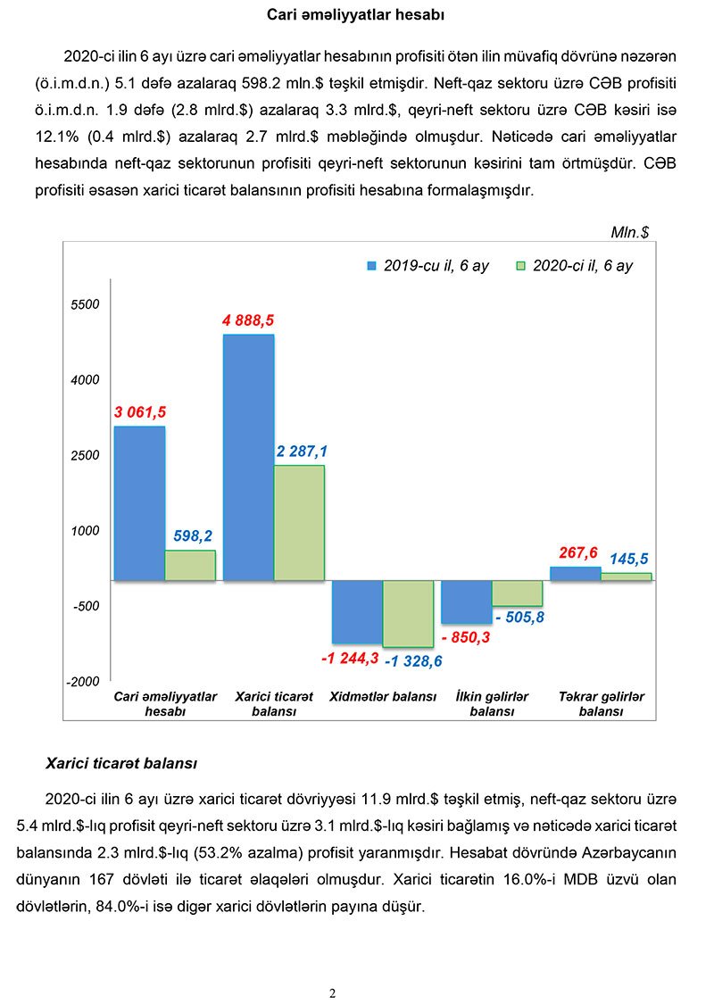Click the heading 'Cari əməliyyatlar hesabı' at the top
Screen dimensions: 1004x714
356,15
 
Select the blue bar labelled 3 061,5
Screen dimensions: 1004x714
139,503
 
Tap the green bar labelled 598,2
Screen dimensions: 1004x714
190,566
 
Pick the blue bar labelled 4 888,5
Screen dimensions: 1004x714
248,457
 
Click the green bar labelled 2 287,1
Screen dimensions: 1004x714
299,523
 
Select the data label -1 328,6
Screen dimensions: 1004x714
413,661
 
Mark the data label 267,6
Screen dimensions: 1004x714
578,552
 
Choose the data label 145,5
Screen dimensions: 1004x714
628,560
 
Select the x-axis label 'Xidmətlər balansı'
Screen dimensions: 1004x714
383,696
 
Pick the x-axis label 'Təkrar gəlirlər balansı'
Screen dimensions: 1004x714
600,704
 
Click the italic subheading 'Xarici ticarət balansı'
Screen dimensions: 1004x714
121,764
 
